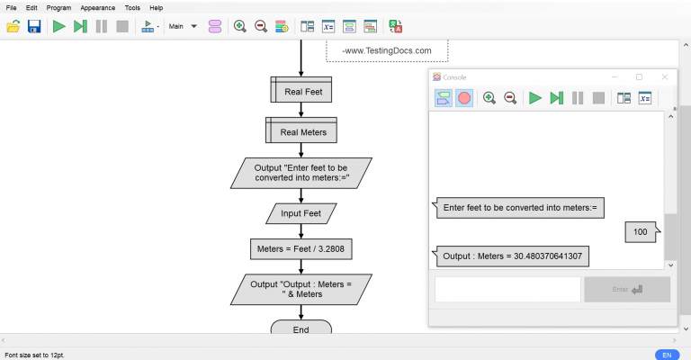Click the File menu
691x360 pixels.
(12, 7)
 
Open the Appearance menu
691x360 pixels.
(97, 7)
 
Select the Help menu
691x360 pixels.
(157, 7)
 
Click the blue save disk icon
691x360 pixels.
(34, 26)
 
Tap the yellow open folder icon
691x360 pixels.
(13, 26)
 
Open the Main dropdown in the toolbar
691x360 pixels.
(183, 26)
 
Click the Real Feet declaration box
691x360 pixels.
(301, 91)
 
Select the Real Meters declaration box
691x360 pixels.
(301, 131)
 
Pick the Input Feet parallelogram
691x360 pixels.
(301, 213)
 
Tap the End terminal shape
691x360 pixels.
(301, 329)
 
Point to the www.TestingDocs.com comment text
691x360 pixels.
(387, 51)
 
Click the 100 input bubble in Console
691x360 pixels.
(641, 232)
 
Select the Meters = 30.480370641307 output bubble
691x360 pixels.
(513, 256)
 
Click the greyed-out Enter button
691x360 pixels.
(626, 289)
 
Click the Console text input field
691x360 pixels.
(507, 289)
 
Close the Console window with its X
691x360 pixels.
(665, 77)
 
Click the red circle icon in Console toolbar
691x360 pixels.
(464, 98)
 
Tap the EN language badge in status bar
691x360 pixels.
(667, 355)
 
